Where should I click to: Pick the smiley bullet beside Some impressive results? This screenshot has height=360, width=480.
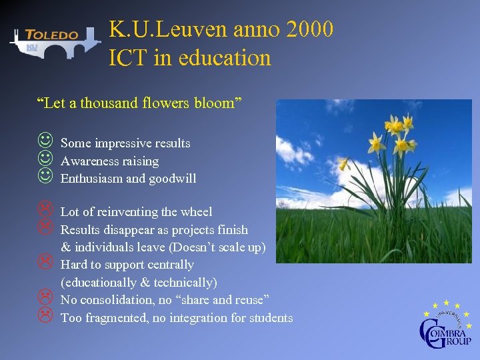45,141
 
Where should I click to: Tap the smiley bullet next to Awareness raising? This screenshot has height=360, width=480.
45,159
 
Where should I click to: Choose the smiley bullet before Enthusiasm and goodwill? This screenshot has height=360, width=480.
45,177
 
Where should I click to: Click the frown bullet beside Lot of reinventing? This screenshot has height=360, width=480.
45,211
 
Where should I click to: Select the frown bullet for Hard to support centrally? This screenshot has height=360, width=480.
45,263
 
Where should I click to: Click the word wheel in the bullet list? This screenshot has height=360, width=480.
197,212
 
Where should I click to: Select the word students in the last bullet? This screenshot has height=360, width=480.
271,318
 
